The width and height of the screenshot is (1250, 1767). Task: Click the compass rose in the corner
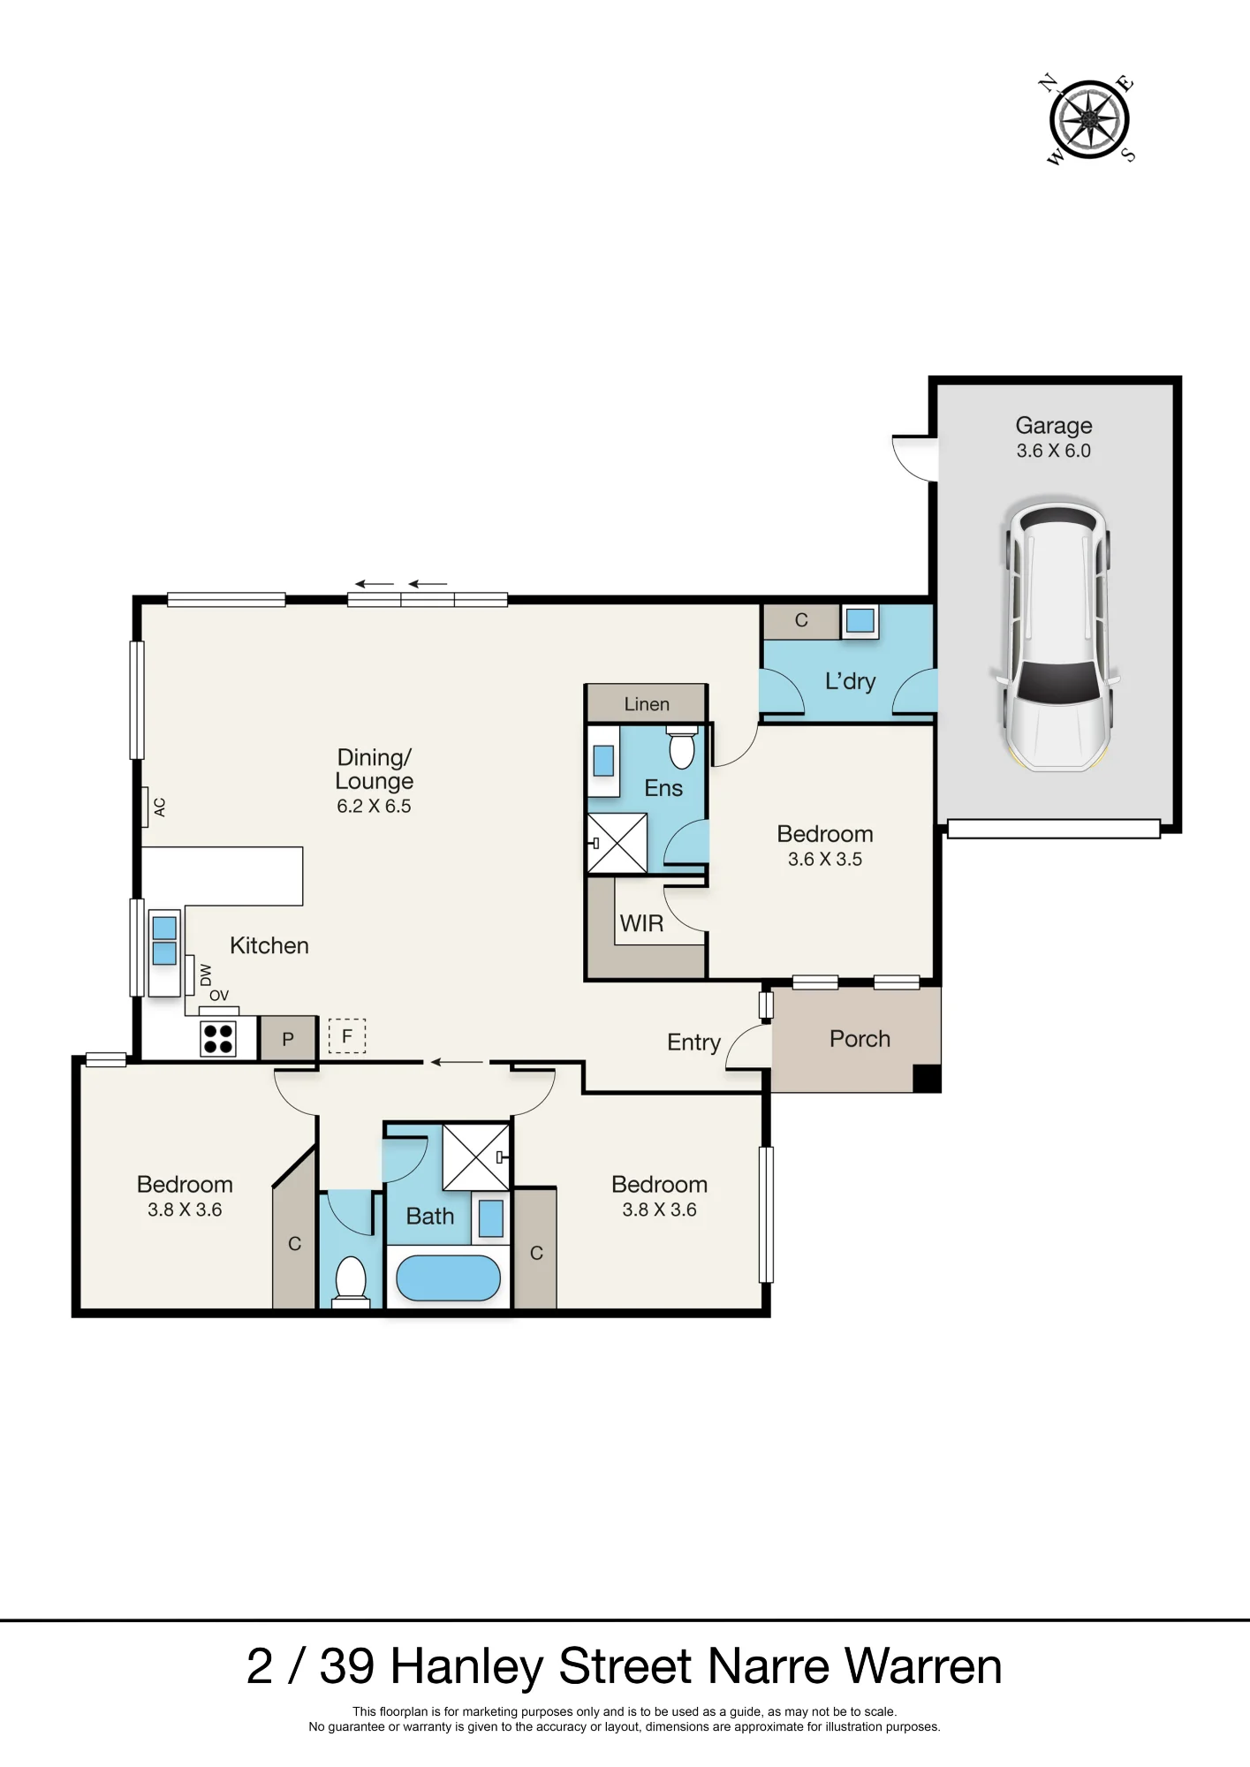point(1089,120)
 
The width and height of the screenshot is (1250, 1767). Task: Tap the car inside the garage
point(1057,636)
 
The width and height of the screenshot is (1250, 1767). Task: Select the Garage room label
point(1054,426)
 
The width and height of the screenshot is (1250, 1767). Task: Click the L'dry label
point(850,681)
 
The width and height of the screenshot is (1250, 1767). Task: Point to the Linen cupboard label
point(647,704)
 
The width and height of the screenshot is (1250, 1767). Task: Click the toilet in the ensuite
point(682,747)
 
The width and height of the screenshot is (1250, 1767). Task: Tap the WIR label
point(641,923)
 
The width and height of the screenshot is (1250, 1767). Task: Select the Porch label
point(860,1039)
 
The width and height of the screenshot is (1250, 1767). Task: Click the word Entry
point(693,1043)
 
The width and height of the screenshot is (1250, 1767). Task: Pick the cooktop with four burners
point(218,1038)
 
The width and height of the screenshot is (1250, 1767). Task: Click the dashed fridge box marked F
point(347,1036)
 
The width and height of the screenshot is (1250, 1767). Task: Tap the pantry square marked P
point(288,1038)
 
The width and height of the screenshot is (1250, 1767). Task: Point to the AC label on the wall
point(159,807)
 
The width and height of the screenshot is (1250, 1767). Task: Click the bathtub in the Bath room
point(448,1278)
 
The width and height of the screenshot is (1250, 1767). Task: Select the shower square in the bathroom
point(476,1157)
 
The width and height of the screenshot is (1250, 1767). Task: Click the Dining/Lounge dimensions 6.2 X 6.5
point(374,806)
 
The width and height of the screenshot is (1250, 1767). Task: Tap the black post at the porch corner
point(926,1078)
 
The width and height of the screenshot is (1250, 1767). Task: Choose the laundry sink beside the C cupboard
point(860,620)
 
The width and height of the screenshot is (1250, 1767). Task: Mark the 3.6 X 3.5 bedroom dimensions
point(825,859)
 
